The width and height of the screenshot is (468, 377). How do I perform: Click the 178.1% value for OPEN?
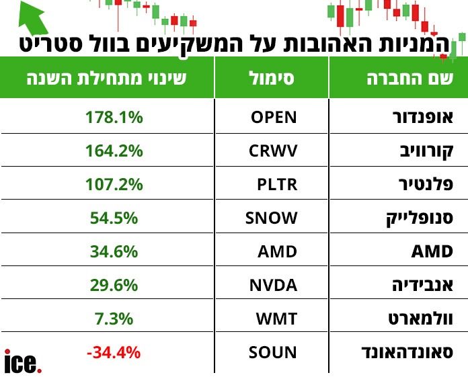(x=114, y=117)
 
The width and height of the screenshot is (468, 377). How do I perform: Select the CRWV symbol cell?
(x=273, y=151)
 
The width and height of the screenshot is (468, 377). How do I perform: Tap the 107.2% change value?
(x=114, y=184)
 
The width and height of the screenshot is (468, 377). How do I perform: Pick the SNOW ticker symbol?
(x=271, y=218)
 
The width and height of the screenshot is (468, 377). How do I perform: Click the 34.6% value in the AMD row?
(x=114, y=251)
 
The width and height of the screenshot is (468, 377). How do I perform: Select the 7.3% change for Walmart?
(x=114, y=319)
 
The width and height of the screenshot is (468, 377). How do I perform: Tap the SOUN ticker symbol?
(x=272, y=351)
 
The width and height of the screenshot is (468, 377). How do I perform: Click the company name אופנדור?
(x=423, y=117)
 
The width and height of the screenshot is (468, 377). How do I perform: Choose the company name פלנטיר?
(x=427, y=184)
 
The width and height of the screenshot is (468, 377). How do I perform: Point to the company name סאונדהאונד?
(x=407, y=351)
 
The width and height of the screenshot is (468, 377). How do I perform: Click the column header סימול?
(x=272, y=78)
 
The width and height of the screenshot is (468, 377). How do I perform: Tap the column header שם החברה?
(x=409, y=78)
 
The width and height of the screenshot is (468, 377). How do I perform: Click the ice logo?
(x=23, y=362)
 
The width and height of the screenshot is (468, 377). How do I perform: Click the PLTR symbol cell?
(x=276, y=184)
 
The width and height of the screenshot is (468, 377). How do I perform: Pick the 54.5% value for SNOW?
(x=114, y=218)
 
